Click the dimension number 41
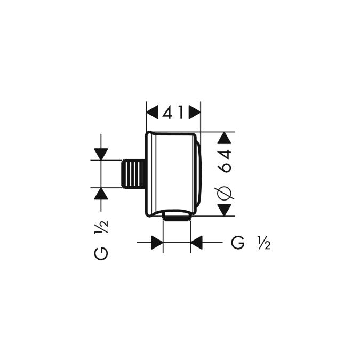[173, 113]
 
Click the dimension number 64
[225, 161]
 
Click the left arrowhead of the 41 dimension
[153, 113]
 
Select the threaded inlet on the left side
[133, 173]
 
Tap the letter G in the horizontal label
[238, 243]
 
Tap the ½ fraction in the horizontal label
[264, 243]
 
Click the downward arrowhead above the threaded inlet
[101, 154]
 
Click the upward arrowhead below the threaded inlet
[101, 193]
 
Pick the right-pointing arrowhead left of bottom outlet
[156, 243]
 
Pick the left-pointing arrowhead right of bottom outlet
[197, 243]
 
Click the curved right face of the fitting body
[199, 173]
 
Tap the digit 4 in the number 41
[167, 113]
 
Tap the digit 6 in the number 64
[225, 167]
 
